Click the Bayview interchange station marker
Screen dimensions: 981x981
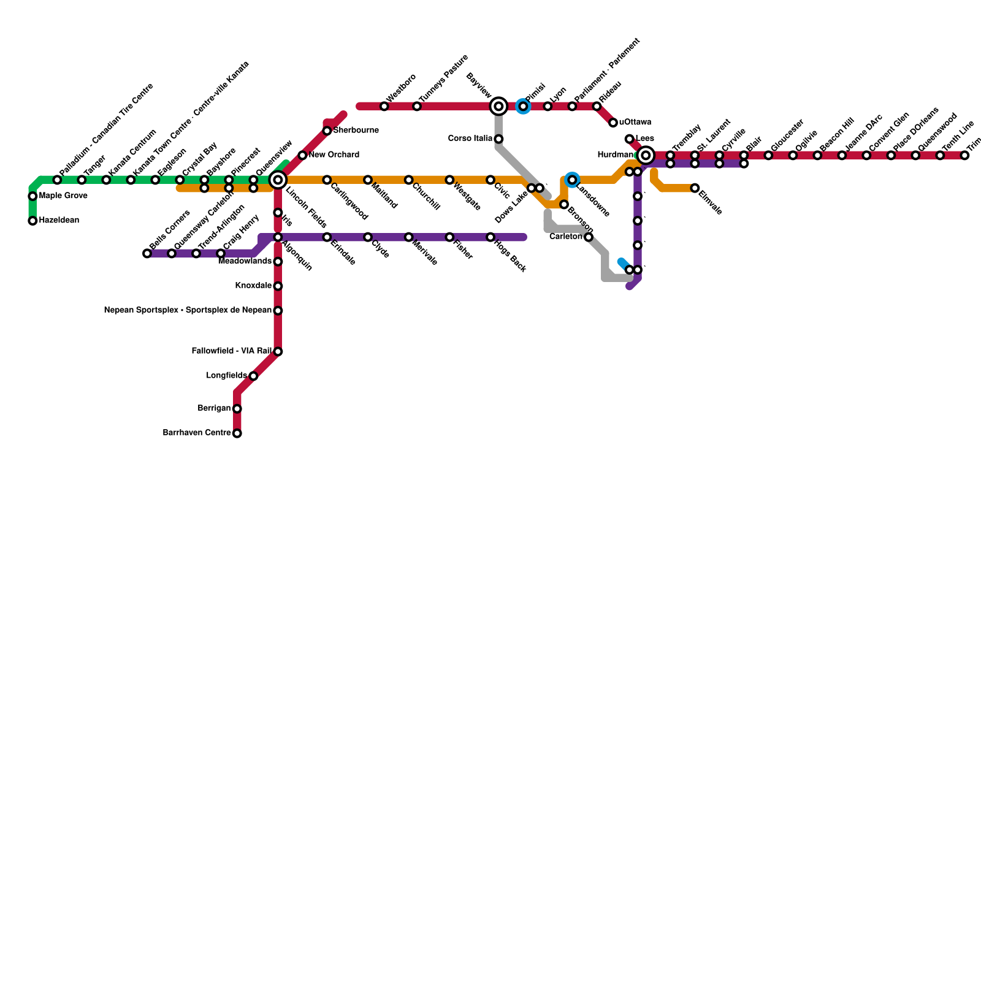pos(498,107)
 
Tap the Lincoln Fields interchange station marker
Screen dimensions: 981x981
pos(278,180)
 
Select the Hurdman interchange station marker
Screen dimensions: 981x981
pos(645,156)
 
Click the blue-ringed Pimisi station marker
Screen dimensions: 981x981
pos(523,107)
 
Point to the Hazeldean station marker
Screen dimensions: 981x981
pos(32,221)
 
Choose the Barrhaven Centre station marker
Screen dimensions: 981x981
pos(237,433)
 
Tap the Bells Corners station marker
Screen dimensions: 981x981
pos(147,253)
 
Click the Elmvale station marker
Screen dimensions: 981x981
pos(695,188)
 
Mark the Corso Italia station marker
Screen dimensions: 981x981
pos(498,139)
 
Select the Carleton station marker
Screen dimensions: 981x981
pos(589,237)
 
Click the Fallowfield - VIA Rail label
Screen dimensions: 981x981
pos(231,351)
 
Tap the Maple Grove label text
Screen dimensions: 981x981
pos(63,196)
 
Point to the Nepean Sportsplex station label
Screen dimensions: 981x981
pos(188,311)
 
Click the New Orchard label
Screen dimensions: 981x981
pos(334,155)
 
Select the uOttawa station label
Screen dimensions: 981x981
pos(635,123)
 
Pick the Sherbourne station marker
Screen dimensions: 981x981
pos(327,131)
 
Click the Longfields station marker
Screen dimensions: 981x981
pos(253,376)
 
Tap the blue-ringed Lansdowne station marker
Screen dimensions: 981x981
pos(572,180)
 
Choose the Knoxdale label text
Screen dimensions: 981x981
pos(253,286)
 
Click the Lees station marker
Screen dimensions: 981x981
pos(629,139)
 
